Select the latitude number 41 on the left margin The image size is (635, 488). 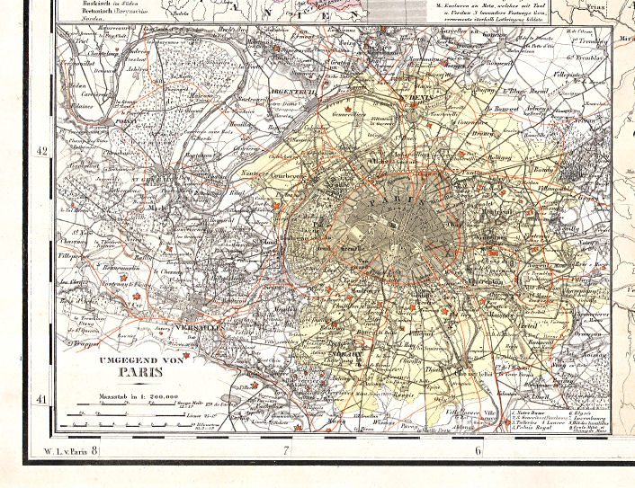40,398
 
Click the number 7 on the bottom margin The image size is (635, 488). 285,448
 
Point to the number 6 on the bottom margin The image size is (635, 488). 478,448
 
